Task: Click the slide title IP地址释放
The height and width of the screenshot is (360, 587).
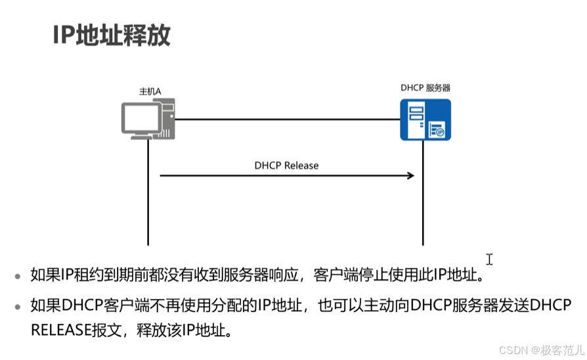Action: coord(112,35)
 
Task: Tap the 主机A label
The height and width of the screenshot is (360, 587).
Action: coord(150,91)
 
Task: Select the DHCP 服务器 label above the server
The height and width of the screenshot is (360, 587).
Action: coord(425,88)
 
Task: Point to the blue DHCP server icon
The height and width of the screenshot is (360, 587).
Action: coord(425,120)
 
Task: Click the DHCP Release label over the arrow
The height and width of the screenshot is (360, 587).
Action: coord(286,166)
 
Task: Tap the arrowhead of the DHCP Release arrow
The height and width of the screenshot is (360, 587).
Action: coord(411,175)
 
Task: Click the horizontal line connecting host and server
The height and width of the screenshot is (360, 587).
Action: coord(288,120)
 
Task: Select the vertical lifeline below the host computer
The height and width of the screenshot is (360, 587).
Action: coord(148,192)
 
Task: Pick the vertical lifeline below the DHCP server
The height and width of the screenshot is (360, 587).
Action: coord(423,193)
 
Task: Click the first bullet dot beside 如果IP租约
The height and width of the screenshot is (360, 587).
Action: coord(18,277)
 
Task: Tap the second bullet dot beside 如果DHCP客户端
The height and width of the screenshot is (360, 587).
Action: coord(18,307)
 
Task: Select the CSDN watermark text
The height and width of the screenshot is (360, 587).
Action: coord(541,350)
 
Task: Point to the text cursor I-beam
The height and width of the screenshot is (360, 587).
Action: coord(490,259)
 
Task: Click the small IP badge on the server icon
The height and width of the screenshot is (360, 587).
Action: coord(440,132)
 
